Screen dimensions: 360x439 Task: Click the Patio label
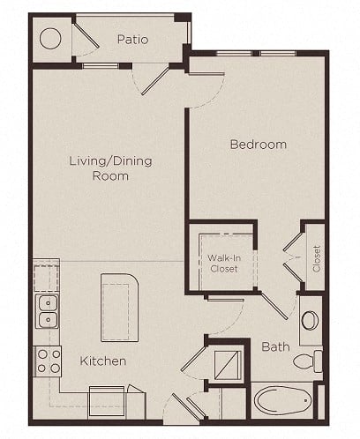pyautogui.click(x=132, y=40)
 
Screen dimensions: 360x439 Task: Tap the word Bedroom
pyautogui.click(x=259, y=145)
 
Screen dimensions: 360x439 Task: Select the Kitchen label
pyautogui.click(x=103, y=361)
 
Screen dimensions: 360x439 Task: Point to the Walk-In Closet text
pyautogui.click(x=224, y=264)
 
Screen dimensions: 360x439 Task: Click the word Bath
pyautogui.click(x=275, y=346)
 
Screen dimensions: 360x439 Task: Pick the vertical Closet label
pyautogui.click(x=317, y=258)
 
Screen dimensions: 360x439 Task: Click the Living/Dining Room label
pyautogui.click(x=110, y=168)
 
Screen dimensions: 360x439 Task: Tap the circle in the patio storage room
pyautogui.click(x=50, y=39)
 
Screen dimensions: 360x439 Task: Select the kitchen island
pyautogui.click(x=119, y=308)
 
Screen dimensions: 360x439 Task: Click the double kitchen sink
pyautogui.click(x=47, y=311)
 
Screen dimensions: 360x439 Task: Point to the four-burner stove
pyautogui.click(x=49, y=361)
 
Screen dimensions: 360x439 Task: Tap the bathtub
pyautogui.click(x=282, y=400)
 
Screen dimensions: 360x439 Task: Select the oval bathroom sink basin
pyautogui.click(x=310, y=320)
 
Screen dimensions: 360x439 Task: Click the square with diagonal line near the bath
pyautogui.click(x=228, y=365)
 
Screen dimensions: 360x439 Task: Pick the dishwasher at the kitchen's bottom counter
pyautogui.click(x=107, y=401)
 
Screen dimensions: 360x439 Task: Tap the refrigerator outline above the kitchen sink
pyautogui.click(x=47, y=278)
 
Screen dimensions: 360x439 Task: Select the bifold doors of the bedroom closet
pyautogui.click(x=292, y=258)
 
